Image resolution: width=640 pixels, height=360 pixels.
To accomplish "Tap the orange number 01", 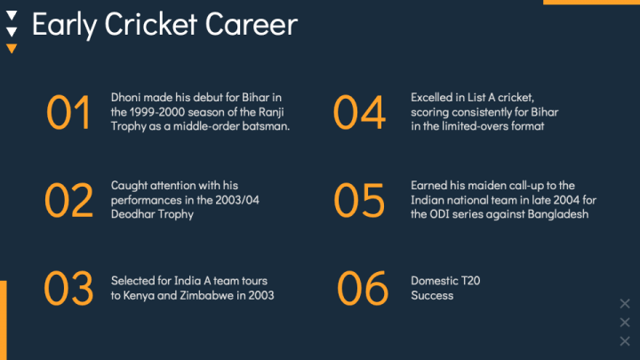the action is [68, 112].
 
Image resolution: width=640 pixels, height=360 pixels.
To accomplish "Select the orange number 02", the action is [68, 200].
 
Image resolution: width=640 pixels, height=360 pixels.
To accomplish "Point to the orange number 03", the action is [68, 288].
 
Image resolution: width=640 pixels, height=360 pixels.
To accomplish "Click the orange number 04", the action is [359, 112].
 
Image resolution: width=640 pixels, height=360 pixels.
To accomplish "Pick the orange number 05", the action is [359, 200].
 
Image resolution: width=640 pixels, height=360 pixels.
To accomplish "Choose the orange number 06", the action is [363, 288].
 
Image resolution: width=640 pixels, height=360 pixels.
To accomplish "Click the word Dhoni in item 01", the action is [125, 98].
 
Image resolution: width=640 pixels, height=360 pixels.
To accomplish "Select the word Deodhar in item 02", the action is [130, 214].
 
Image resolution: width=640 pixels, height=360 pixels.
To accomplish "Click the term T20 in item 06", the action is [470, 281].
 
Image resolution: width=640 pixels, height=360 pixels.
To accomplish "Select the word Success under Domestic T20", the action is [432, 295].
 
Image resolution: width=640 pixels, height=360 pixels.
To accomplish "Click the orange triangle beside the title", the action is [12, 49].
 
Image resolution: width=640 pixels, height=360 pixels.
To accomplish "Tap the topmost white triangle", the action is [12, 15].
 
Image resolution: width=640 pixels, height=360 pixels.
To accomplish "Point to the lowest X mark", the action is [625, 340].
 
